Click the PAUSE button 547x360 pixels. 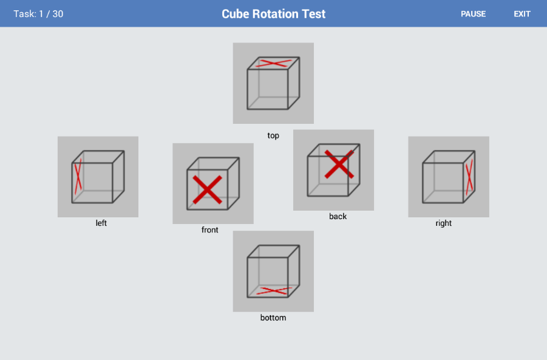[x=473, y=14]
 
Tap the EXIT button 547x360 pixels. [x=522, y=14]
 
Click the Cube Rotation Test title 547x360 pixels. [x=273, y=14]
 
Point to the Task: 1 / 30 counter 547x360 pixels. [x=38, y=14]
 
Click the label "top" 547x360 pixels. [x=273, y=135]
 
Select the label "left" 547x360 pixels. [x=101, y=223]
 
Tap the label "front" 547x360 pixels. [x=209, y=229]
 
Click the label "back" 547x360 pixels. [x=338, y=216]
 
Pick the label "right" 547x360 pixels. [x=443, y=223]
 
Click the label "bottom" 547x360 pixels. [x=273, y=318]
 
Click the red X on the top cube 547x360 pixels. [x=273, y=63]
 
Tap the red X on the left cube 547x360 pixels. [x=78, y=176]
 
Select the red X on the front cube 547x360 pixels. [x=207, y=189]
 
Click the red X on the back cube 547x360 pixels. [x=339, y=165]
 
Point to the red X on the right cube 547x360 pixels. [x=469, y=177]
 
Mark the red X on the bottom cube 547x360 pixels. [x=274, y=291]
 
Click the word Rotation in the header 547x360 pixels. [x=275, y=14]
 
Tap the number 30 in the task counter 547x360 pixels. [x=58, y=14]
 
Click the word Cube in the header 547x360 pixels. [x=236, y=14]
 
